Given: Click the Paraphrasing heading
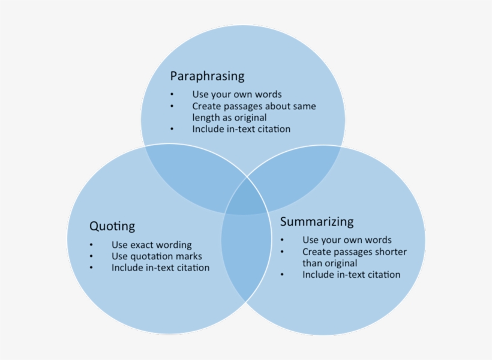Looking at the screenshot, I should pyautogui.click(x=207, y=76).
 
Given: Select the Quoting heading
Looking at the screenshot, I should pyautogui.click(x=112, y=226).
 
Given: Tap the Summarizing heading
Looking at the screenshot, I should pyautogui.click(x=317, y=221).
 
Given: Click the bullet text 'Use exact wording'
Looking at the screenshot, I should pyautogui.click(x=151, y=245).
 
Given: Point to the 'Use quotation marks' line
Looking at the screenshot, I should pyautogui.click(x=157, y=256).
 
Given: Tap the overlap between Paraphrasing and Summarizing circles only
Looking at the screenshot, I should pyautogui.click(x=300, y=174).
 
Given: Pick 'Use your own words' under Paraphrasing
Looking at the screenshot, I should pyautogui.click(x=236, y=94).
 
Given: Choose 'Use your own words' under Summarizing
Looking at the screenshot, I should pyautogui.click(x=347, y=240).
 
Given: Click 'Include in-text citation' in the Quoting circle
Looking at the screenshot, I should pyautogui.click(x=160, y=268).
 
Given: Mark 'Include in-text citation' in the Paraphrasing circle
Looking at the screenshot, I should pyautogui.click(x=241, y=129).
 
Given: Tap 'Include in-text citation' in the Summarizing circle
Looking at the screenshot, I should pyautogui.click(x=351, y=275).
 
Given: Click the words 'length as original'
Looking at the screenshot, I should pyautogui.click(x=229, y=118).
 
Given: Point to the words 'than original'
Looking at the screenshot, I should pyautogui.click(x=329, y=263).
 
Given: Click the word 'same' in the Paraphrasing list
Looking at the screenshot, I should pyautogui.click(x=304, y=106).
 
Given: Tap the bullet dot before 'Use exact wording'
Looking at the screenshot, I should pyautogui.click(x=91, y=245).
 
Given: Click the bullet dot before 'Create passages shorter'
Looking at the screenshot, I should pyautogui.click(x=282, y=252).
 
